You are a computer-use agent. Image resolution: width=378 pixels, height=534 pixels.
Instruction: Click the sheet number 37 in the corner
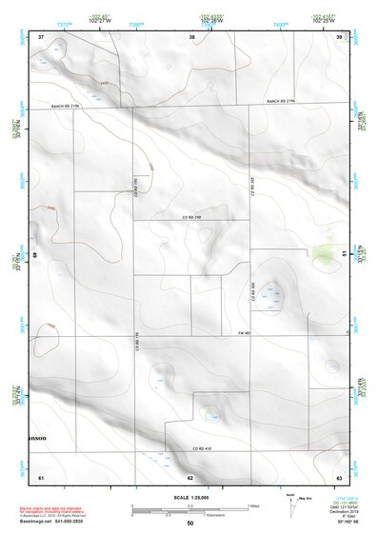(x=41, y=36)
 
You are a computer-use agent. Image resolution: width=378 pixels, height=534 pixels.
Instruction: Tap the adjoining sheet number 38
(x=192, y=36)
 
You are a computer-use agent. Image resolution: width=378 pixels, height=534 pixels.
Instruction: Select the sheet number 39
(x=339, y=36)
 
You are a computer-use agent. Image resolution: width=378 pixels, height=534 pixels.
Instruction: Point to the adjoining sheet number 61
(x=41, y=476)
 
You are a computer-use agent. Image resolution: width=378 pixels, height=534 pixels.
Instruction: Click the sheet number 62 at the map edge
(x=190, y=477)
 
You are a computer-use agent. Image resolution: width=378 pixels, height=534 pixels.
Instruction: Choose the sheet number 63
(x=339, y=476)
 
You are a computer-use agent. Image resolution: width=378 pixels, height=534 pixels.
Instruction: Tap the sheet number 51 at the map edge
(x=342, y=254)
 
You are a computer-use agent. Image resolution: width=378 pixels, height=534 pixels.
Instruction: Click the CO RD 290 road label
(x=195, y=218)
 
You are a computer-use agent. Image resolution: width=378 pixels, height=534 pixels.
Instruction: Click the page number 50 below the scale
(x=190, y=524)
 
